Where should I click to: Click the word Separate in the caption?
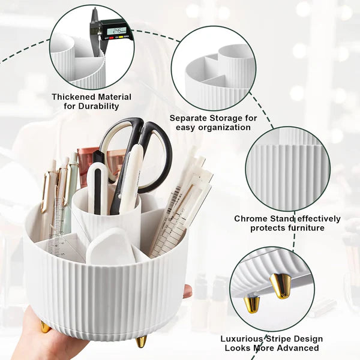[x=189, y=118]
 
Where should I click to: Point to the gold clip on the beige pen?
[x=44, y=192]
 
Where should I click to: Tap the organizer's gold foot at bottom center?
[x=142, y=341]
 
